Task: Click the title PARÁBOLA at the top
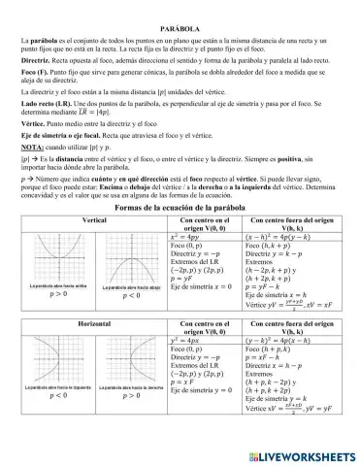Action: (179, 17)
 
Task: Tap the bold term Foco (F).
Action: (36, 72)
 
